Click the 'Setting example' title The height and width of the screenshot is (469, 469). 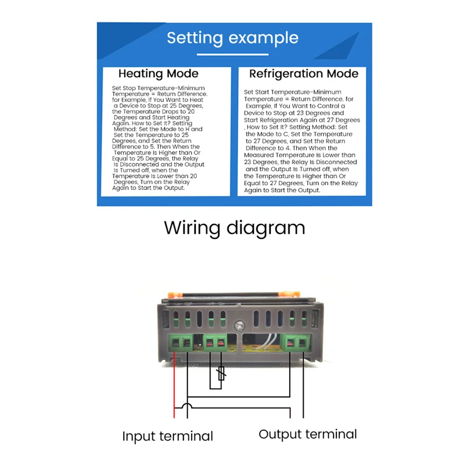tap(233, 38)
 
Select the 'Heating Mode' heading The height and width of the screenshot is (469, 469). tap(158, 74)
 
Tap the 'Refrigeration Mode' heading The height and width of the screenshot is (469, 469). tap(304, 74)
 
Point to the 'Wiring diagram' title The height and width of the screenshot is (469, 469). tap(235, 227)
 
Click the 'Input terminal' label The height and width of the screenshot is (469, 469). tap(168, 436)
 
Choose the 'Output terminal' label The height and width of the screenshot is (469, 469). tap(308, 434)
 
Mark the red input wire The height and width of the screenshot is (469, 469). tap(175, 387)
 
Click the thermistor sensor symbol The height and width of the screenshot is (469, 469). tap(220, 373)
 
